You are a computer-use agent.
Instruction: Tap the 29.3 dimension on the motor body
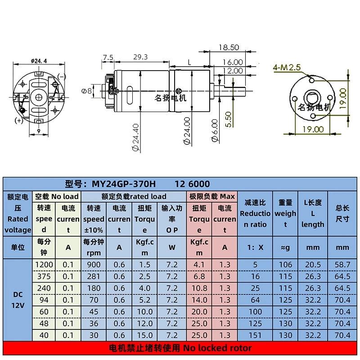140,57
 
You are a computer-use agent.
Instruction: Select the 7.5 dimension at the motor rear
108,57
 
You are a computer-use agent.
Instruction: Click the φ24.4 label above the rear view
39,61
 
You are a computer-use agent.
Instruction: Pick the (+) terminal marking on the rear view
19,121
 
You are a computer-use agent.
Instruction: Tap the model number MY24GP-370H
124,184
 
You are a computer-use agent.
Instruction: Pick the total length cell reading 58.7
343,265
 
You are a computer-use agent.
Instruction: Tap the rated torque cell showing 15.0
145,335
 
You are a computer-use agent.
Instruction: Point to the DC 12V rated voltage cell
18,300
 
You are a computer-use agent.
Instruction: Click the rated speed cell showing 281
93,276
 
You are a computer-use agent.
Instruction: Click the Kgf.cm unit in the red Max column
199,247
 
